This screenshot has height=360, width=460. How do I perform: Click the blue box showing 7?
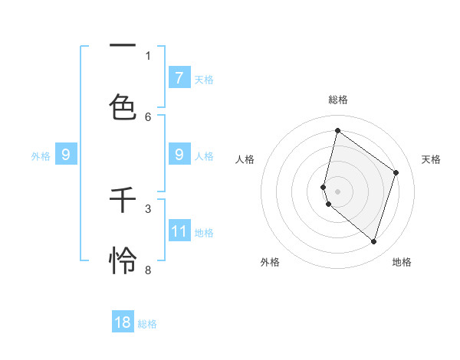click(x=179, y=77)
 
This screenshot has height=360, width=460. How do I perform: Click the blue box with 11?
click(x=179, y=231)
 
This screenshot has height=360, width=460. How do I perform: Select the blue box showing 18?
click(x=123, y=322)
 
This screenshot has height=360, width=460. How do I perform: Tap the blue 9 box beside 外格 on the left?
click(x=66, y=155)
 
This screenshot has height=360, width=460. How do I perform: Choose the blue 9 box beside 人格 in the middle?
click(x=179, y=155)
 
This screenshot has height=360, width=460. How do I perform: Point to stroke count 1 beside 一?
click(x=148, y=55)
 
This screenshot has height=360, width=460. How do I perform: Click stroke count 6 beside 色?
click(x=148, y=116)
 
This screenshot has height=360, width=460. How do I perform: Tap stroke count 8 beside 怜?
click(x=148, y=270)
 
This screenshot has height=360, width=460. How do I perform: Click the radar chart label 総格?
click(x=338, y=100)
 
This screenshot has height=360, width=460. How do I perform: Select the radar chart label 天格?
click(x=431, y=159)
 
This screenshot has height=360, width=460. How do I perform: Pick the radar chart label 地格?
click(x=402, y=262)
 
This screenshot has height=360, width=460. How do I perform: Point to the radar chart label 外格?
click(x=270, y=262)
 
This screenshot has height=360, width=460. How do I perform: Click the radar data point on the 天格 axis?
click(x=396, y=172)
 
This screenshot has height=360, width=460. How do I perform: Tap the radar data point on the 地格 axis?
click(x=373, y=242)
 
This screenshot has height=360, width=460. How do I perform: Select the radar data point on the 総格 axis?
click(x=337, y=130)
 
